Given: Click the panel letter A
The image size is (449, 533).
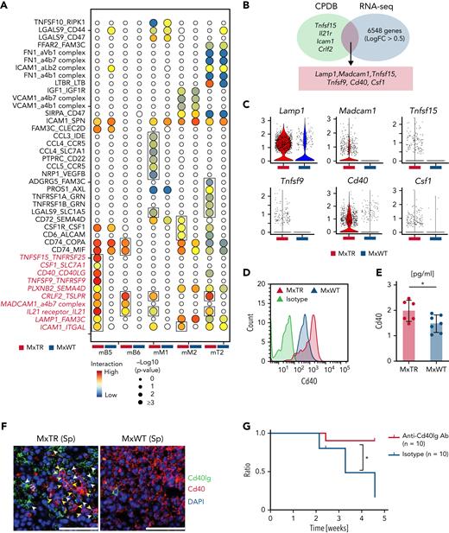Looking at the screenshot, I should point(6,7).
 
